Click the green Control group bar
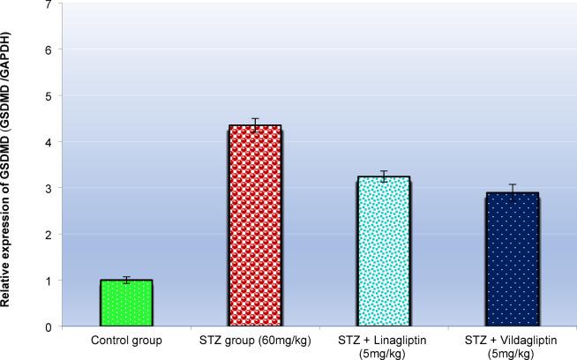point(126,304)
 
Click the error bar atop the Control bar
point(126,280)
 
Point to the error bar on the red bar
point(255,124)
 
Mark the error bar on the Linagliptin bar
point(384,176)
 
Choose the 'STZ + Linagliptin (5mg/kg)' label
point(384,345)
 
